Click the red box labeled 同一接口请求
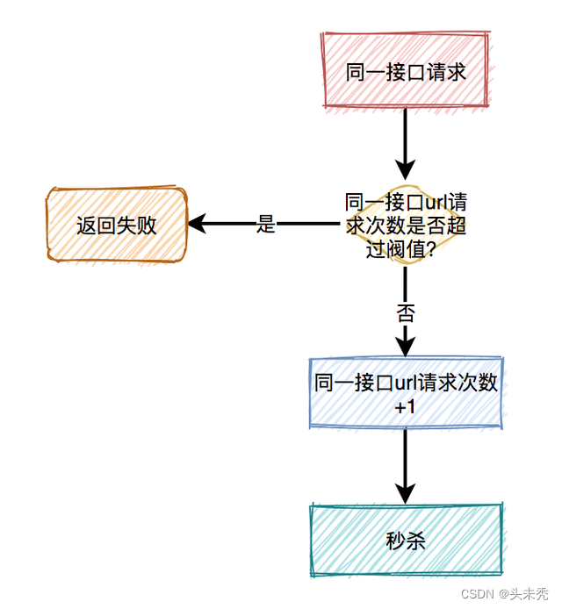(x=405, y=71)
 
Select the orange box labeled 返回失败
(x=116, y=225)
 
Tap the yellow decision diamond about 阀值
(x=405, y=225)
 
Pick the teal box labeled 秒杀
(x=405, y=541)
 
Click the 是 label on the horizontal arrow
(x=266, y=225)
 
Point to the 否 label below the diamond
(x=405, y=314)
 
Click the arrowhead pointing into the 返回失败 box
(x=198, y=225)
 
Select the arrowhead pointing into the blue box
(x=405, y=347)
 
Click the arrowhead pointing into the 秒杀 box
(x=405, y=492)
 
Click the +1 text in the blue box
(x=405, y=407)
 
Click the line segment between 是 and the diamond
(x=307, y=225)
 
